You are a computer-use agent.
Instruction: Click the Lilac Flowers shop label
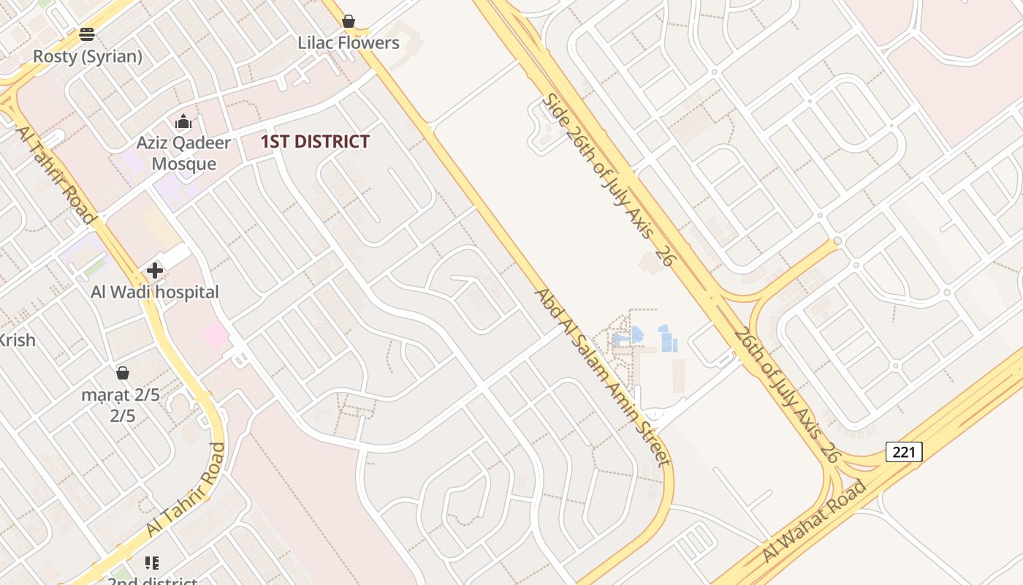349,43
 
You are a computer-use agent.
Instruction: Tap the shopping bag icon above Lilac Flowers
349,21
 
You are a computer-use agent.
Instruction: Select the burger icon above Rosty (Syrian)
87,34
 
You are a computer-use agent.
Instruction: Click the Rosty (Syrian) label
88,56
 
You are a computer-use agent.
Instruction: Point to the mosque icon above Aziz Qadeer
183,121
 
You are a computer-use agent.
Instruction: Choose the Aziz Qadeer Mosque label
183,153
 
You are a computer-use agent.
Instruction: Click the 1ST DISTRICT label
315,142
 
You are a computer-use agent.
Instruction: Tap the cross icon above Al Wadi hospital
155,271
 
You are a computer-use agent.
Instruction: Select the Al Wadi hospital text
155,292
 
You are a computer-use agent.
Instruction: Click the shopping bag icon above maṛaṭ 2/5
123,373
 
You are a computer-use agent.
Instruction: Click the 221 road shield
904,452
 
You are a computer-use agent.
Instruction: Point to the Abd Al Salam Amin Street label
602,377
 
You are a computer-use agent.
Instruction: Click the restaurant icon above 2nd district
152,562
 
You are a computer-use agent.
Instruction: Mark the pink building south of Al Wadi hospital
216,336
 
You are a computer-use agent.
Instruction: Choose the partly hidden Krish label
16,340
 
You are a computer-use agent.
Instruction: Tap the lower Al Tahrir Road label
186,489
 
